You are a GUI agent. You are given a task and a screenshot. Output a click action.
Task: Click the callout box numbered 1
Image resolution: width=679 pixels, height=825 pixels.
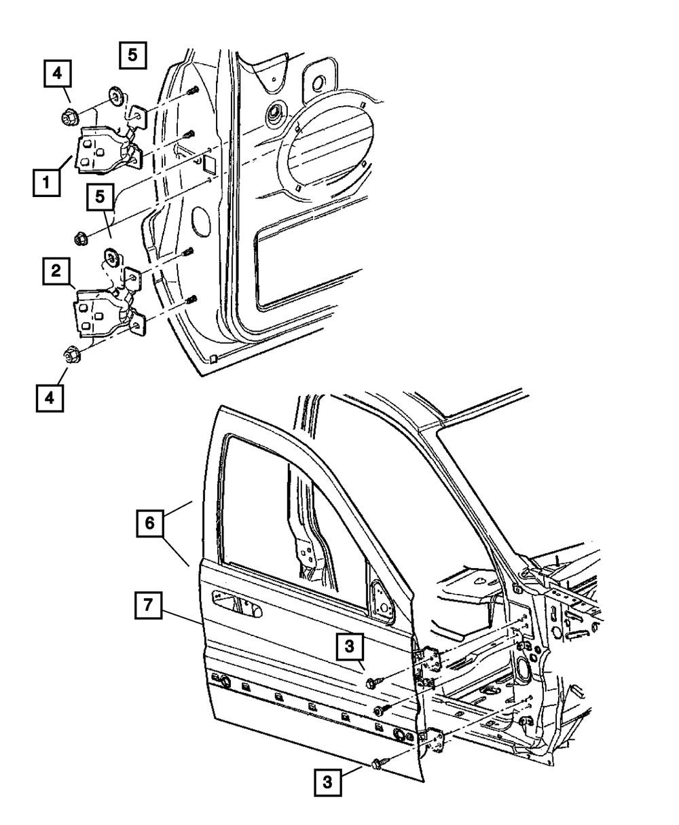(x=47, y=183)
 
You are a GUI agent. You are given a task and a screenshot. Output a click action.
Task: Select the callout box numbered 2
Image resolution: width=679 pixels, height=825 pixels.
(x=56, y=271)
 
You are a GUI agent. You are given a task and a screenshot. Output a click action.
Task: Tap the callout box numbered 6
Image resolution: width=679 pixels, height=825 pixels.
(x=150, y=523)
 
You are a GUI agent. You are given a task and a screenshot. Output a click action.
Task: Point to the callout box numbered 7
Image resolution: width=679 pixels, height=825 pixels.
(x=148, y=605)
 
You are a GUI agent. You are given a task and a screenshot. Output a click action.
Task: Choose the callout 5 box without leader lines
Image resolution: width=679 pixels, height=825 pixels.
(x=132, y=55)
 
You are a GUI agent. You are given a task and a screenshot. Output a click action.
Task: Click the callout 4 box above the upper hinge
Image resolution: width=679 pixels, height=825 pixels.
(x=57, y=73)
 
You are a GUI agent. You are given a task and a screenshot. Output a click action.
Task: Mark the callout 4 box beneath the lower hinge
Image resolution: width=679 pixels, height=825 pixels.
(x=50, y=398)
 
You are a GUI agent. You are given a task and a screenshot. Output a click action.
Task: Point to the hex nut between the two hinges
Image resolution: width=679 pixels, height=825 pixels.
(x=81, y=239)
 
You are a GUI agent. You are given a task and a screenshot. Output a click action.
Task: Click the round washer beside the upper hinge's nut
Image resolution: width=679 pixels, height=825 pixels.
(x=117, y=96)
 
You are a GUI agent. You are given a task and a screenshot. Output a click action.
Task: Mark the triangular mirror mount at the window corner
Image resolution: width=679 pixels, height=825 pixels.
(x=381, y=603)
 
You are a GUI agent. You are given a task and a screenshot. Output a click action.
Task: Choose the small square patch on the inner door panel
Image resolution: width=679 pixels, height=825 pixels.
(x=210, y=164)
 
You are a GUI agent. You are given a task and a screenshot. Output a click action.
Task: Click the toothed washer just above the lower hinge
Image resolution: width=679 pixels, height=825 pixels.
(x=113, y=259)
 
